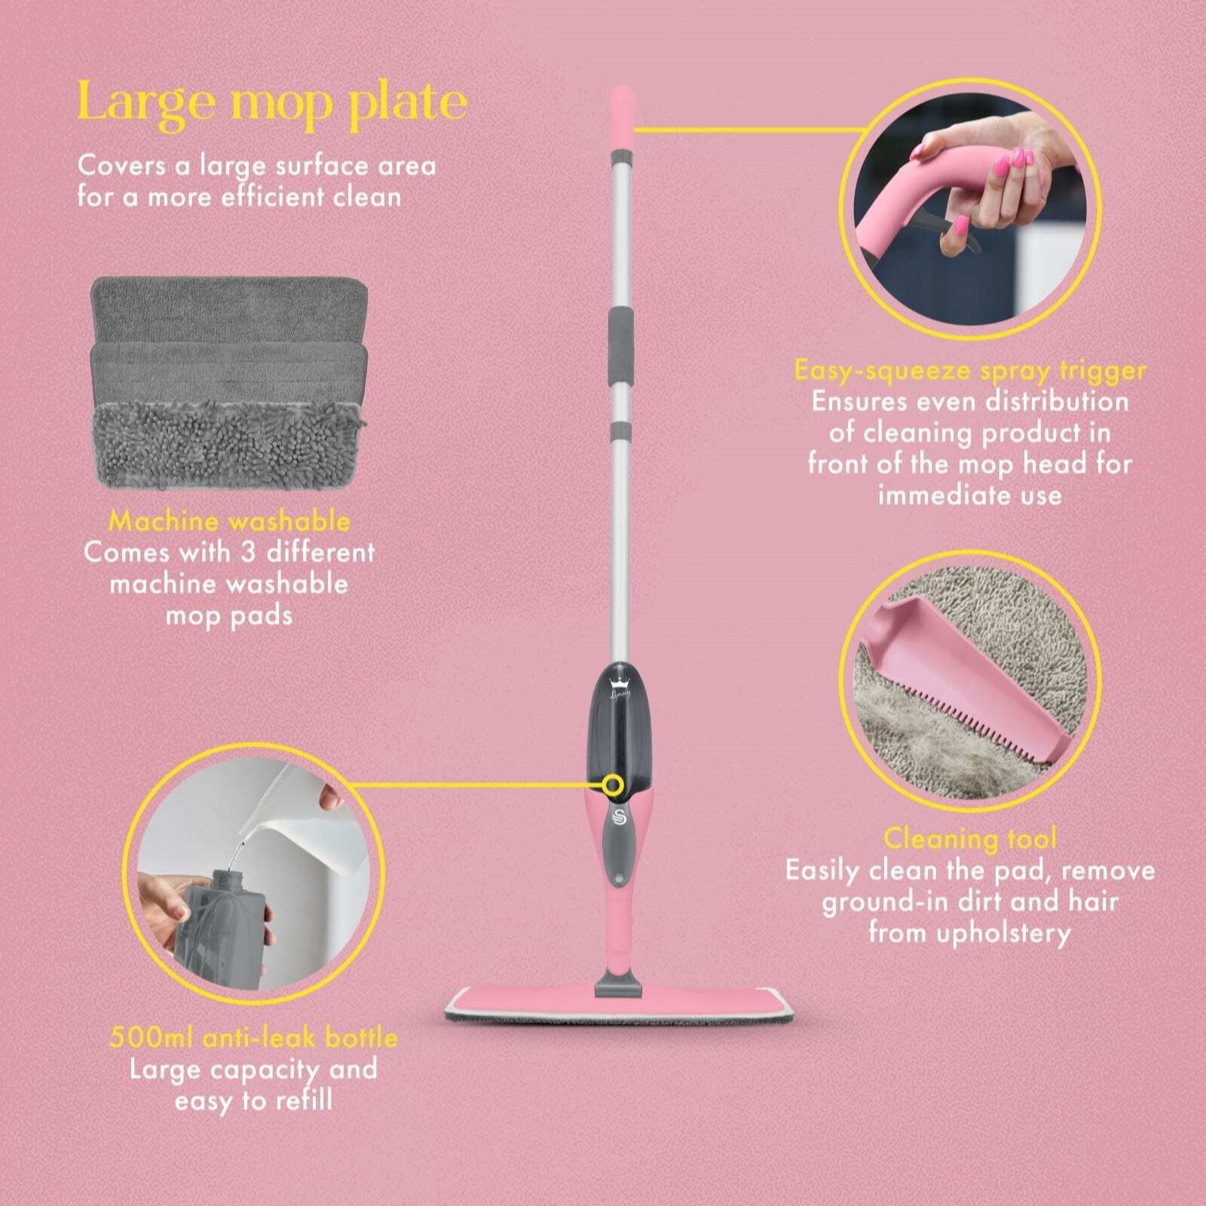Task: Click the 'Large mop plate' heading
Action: (272, 103)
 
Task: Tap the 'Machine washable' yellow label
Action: (229, 521)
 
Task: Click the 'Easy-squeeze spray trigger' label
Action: (971, 370)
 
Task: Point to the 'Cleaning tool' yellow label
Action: (971, 838)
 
